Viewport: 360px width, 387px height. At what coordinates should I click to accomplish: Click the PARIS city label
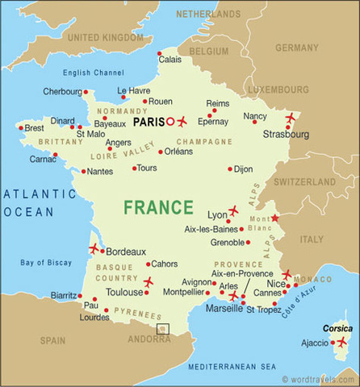coord(147,122)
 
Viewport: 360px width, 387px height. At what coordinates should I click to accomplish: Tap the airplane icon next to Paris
coord(181,122)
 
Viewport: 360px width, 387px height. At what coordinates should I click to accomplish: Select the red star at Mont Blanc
coord(275,218)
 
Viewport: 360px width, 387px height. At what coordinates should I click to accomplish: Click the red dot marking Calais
coord(158,49)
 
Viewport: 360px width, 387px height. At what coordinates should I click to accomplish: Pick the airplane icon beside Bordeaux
coord(94,248)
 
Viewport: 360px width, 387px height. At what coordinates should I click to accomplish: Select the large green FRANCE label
coord(158,207)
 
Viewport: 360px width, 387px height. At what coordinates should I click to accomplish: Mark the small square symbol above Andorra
coord(162,329)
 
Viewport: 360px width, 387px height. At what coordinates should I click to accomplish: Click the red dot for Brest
coord(22,127)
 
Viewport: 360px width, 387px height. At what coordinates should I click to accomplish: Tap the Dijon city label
coord(244,169)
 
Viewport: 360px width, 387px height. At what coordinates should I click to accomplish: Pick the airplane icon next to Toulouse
coord(148,281)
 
